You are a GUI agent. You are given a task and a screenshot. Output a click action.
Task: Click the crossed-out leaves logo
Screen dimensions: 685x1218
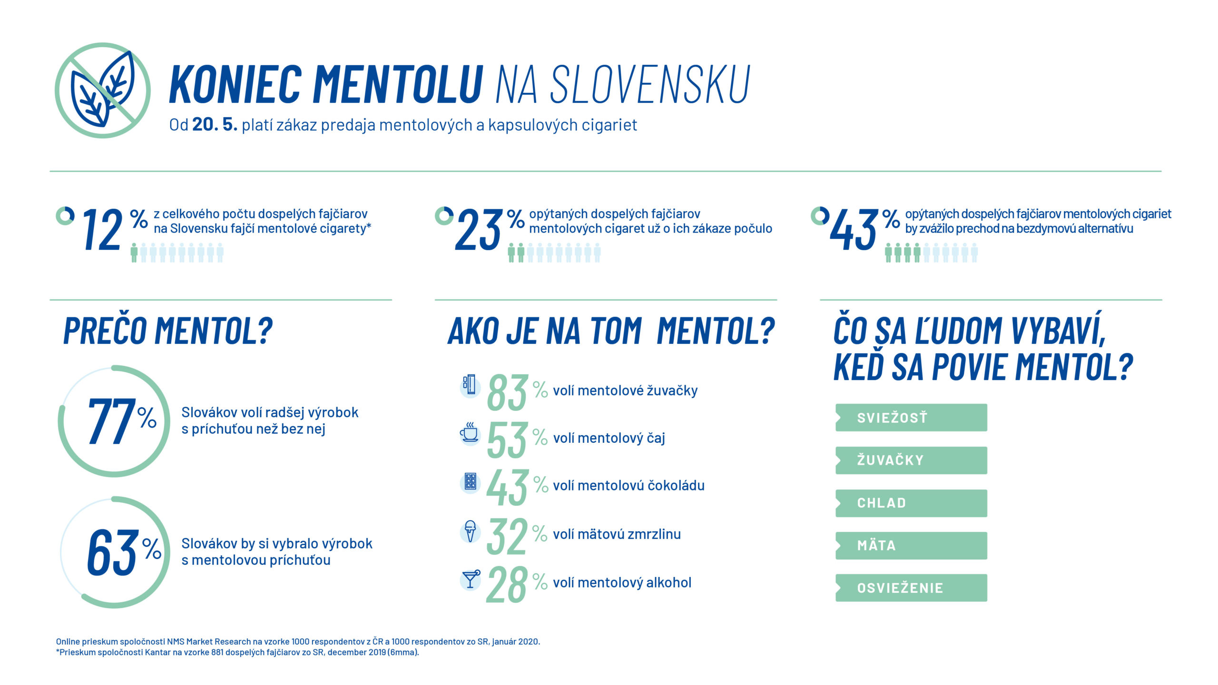coord(103,90)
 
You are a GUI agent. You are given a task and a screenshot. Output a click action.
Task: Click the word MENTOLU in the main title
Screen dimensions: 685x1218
coord(398,85)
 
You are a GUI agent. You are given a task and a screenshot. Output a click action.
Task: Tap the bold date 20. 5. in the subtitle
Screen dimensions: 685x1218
coord(215,125)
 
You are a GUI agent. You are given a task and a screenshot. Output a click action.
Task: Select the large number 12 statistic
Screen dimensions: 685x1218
coord(102,231)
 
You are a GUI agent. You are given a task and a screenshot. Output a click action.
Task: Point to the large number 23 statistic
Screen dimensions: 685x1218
coord(478,231)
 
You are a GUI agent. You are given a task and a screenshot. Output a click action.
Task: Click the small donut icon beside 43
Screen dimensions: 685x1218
coord(820,216)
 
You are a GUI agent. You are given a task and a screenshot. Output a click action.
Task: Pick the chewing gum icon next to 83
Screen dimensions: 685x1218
coord(470,385)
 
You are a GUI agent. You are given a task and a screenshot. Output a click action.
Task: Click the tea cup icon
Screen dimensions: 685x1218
coord(469,432)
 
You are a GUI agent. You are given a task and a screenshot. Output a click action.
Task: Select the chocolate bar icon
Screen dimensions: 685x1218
coord(470,481)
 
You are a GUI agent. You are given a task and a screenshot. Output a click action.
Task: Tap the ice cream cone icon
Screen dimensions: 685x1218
coord(470,531)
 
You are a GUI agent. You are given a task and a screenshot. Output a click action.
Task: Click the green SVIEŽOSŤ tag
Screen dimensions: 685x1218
coord(911,418)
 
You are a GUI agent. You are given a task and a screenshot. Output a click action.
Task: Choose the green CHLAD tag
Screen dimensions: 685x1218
coord(911,503)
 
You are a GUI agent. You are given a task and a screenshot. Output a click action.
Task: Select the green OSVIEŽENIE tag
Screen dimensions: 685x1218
coord(911,588)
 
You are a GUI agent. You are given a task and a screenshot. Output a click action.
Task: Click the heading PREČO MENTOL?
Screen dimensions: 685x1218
coord(168,331)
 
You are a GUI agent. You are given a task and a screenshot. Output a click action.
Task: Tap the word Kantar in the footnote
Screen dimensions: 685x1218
coord(157,652)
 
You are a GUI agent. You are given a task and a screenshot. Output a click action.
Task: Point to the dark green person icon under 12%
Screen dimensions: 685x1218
coord(134,253)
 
